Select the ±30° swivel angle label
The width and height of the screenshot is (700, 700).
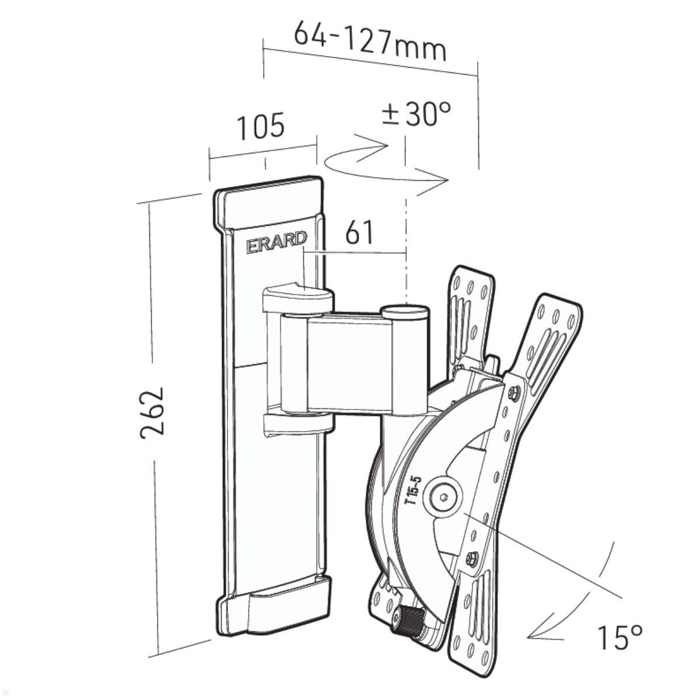coord(416,113)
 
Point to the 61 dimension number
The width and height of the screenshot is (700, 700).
coord(359,233)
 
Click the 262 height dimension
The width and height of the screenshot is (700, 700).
coord(152,414)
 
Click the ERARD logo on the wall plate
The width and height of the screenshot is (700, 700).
coord(276,241)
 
